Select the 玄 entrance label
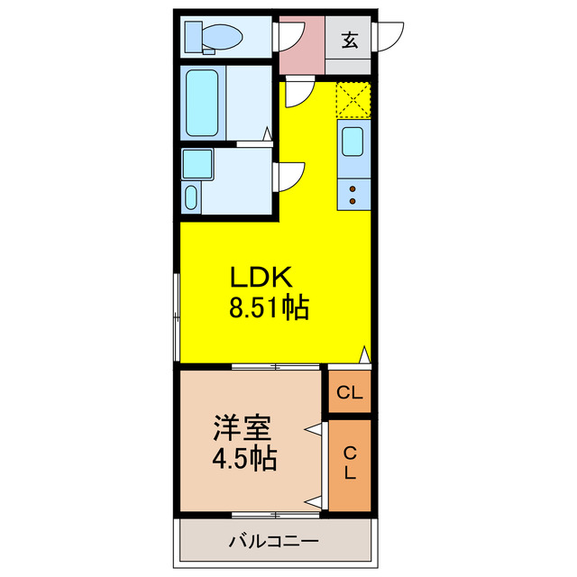pos(349,40)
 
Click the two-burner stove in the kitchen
pos(353,191)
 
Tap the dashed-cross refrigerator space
pos(353,99)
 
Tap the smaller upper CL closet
pos(350,392)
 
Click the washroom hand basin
pos(191,197)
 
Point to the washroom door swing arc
pos(291,175)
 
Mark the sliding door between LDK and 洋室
pos(275,367)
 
